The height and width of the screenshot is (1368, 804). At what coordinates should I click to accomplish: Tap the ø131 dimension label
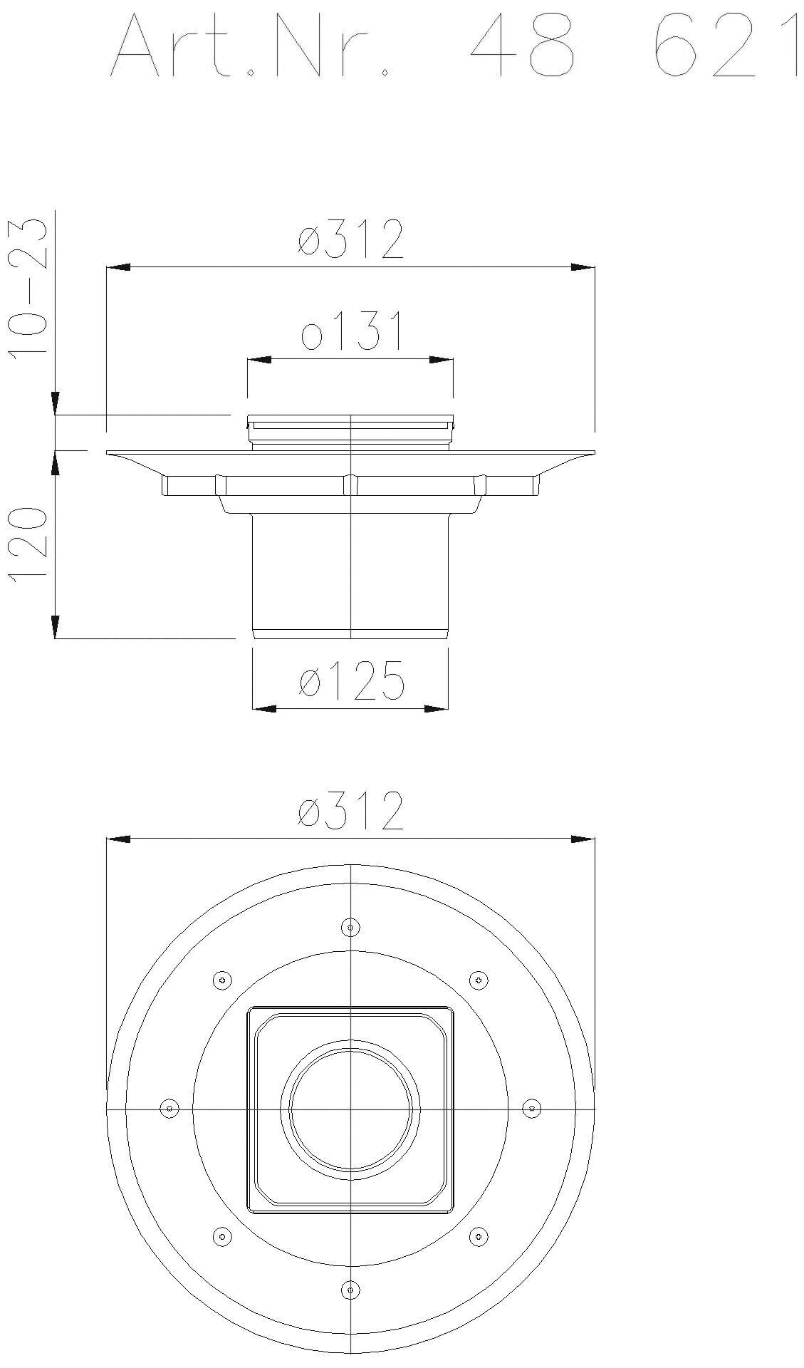(351, 331)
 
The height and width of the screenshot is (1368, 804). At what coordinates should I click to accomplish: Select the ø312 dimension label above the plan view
(351, 811)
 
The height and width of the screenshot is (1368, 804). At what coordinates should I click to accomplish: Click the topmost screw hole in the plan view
(350, 927)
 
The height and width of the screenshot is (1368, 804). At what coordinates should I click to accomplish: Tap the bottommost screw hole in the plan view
(350, 1289)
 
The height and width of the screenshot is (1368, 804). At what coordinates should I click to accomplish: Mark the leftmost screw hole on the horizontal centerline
(169, 1108)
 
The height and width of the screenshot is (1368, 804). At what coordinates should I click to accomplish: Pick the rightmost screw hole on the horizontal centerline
(531, 1108)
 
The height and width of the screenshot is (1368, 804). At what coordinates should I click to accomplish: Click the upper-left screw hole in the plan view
(222, 980)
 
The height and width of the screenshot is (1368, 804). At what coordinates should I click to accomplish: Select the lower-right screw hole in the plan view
(479, 1236)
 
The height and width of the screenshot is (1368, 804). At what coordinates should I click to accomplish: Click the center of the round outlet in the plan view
(350, 1108)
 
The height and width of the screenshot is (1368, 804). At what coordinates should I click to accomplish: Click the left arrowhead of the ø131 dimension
(259, 361)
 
